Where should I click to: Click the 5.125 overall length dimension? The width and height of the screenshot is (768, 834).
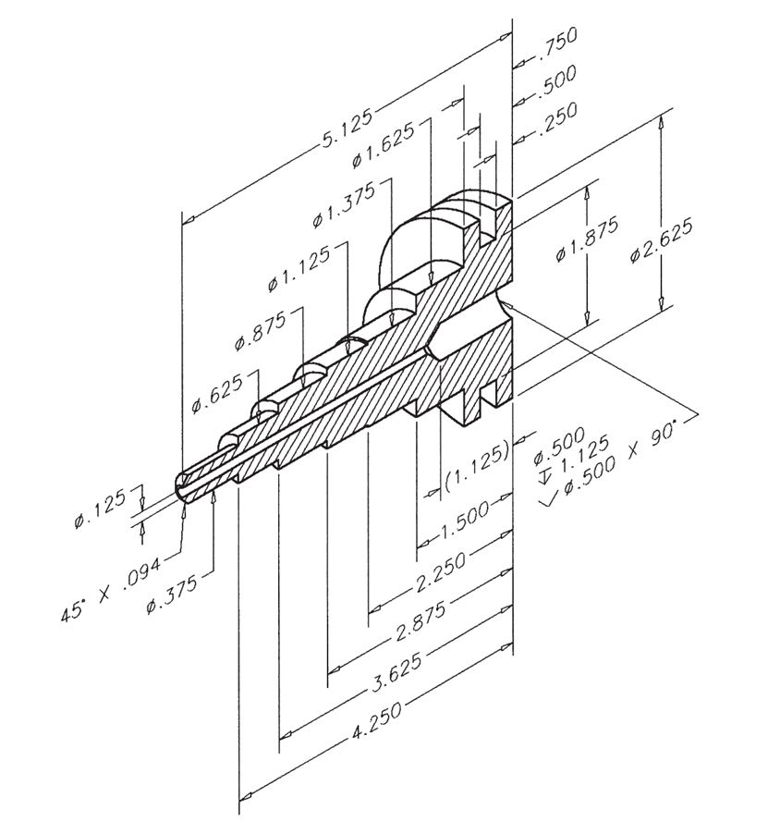point(347,129)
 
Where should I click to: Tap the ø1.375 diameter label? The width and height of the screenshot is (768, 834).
point(345,204)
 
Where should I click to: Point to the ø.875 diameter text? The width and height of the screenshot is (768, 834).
point(261,330)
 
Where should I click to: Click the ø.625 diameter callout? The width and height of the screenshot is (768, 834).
point(217,393)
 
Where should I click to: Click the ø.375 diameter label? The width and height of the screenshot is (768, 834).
point(172,593)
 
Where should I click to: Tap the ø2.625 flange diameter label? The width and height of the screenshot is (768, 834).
point(662,240)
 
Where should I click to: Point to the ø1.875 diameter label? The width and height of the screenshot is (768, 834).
point(587,239)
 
